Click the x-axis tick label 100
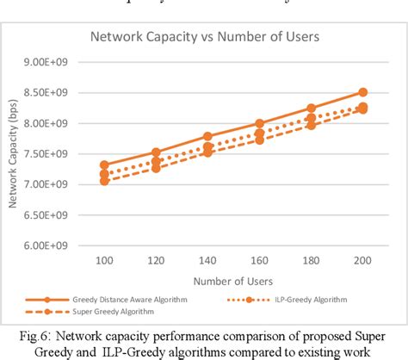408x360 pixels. (104, 259)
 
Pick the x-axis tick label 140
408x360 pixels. (207, 259)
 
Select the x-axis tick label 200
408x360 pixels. (362, 259)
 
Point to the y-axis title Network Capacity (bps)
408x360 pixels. (15, 155)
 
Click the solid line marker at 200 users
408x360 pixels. (362, 92)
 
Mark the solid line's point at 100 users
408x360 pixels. (104, 165)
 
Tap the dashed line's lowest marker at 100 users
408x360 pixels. (104, 181)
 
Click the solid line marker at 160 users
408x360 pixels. (259, 124)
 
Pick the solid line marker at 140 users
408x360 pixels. (207, 137)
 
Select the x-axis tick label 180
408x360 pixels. (311, 259)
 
